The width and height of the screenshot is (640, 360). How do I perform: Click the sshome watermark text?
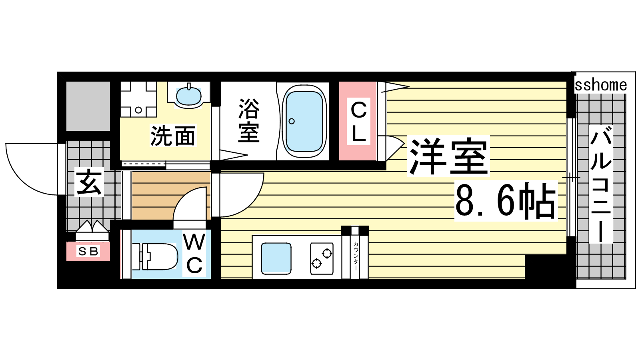tap(600, 85)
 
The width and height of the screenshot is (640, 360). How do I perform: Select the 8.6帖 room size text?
tap(506, 200)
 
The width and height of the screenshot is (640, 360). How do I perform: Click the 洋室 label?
tap(448, 156)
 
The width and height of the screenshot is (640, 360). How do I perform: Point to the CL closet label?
tap(358, 122)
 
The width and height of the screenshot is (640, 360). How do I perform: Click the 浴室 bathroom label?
tap(249, 120)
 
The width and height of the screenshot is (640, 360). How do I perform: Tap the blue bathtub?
tap(304, 122)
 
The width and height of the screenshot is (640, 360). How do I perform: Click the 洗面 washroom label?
tap(173, 136)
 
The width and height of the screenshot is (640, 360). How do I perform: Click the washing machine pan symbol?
tap(138, 99)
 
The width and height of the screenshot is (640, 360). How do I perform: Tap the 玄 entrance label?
tap(89, 182)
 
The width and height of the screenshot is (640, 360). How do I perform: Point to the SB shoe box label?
tap(88, 252)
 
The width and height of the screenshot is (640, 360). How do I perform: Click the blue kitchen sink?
tap(276, 257)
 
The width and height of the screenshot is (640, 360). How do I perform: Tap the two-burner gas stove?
tap(322, 258)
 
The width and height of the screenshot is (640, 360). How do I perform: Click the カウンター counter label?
tap(356, 256)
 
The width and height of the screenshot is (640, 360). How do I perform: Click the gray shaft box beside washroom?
tap(88, 106)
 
